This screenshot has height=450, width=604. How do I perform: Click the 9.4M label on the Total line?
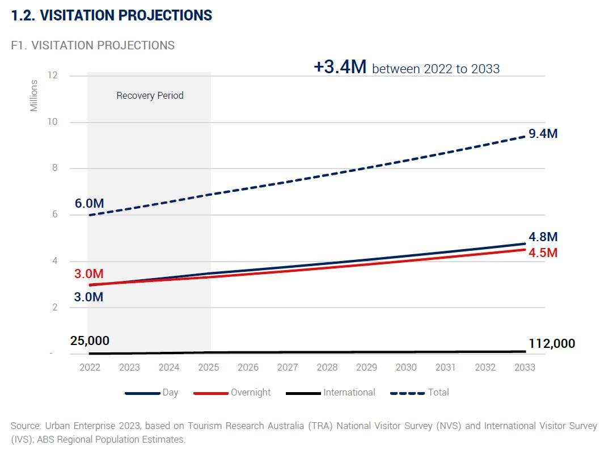[x=543, y=134]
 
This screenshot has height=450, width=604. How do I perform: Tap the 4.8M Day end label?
[x=543, y=237]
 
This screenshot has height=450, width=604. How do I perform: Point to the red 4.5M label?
[x=543, y=253]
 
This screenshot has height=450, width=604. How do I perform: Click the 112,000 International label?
[x=551, y=344]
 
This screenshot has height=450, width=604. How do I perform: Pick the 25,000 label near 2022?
[x=90, y=341]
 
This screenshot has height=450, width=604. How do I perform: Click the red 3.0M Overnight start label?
[x=89, y=274]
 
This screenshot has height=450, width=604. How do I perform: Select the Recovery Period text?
[x=150, y=95]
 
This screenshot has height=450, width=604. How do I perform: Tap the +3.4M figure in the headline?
[x=340, y=67]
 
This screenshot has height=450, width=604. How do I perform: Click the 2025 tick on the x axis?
[x=209, y=367]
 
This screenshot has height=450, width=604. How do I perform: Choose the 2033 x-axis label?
[x=525, y=367]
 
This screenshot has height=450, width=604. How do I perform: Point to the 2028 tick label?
[x=327, y=367]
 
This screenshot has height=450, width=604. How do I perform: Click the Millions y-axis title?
[x=34, y=95]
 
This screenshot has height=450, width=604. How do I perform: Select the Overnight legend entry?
[x=250, y=392]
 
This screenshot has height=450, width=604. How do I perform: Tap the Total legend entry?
[x=438, y=392]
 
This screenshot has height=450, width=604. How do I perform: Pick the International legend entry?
[x=349, y=392]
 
